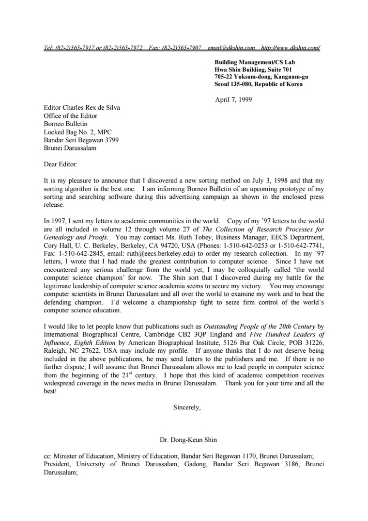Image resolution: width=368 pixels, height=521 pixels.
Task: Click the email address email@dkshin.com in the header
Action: coord(231,48)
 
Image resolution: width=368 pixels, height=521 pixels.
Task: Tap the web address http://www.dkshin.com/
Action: coord(290,48)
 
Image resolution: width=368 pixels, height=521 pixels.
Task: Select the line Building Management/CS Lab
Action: coord(255,62)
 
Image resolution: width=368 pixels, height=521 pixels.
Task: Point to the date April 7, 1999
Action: coord(233,100)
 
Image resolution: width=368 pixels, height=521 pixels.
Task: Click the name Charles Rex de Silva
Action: coord(94,108)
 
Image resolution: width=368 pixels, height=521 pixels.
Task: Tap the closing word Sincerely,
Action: coord(187,407)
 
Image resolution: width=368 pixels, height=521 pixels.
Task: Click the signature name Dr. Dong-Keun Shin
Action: coord(188,440)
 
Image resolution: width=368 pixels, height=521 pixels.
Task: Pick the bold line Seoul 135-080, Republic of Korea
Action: coord(259,84)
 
